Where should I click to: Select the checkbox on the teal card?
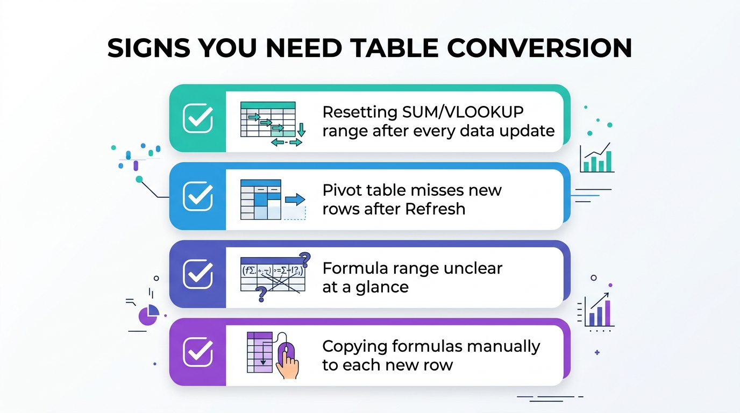198,118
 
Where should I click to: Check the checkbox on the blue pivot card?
198,196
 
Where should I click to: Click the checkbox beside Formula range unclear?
198,274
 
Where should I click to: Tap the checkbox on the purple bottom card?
198,352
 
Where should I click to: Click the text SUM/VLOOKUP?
462,112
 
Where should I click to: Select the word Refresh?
435,209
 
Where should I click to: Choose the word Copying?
355,347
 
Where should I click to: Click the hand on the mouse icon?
287,366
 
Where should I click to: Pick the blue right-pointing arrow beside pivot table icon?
295,200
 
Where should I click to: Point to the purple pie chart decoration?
148,316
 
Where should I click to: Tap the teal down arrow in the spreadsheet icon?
301,130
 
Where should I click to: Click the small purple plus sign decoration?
597,353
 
